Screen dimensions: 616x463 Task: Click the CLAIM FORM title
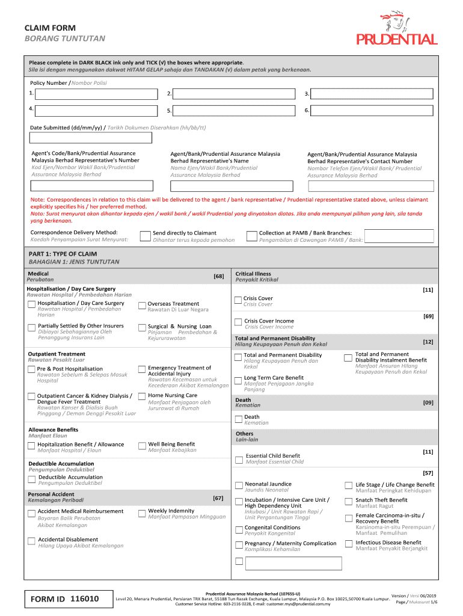[x=49, y=28]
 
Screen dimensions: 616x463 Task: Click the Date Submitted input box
[x=91, y=138]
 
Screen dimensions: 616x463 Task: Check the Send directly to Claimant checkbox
[x=145, y=236]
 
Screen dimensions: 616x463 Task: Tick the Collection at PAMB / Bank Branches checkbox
[x=252, y=236]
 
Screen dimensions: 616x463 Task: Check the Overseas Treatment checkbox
[x=143, y=305]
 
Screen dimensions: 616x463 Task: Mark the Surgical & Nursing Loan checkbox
[x=143, y=327]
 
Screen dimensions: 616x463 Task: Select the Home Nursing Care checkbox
[x=143, y=396]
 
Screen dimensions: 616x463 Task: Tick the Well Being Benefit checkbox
[x=143, y=446]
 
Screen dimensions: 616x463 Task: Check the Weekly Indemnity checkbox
[x=143, y=513]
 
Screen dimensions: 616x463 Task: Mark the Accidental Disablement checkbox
[x=32, y=541]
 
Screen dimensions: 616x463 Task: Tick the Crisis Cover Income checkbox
[x=239, y=322]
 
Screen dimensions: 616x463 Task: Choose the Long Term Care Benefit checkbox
[x=239, y=379]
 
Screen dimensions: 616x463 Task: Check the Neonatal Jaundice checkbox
[x=239, y=485]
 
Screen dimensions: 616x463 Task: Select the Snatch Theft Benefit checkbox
[x=349, y=501]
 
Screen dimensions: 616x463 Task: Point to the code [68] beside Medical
[x=218, y=276]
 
